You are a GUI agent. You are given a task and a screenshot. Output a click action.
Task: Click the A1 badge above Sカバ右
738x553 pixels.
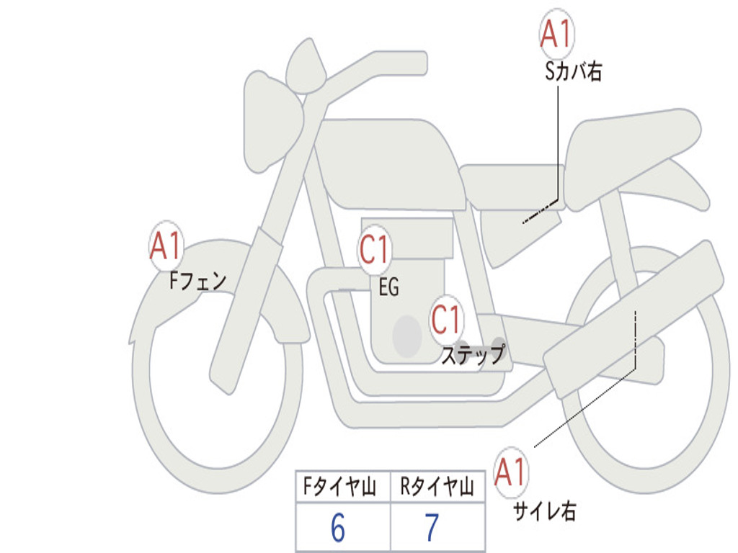(x=556, y=34)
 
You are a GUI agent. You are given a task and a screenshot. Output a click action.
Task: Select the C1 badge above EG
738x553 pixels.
(x=375, y=251)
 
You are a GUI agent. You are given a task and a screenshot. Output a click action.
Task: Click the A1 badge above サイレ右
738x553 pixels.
(x=511, y=473)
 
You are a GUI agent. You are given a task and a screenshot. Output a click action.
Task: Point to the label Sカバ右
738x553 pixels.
(x=573, y=73)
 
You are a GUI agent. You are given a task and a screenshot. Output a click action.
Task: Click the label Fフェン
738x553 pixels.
(x=197, y=279)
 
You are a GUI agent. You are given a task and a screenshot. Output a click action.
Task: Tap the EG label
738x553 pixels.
(x=388, y=288)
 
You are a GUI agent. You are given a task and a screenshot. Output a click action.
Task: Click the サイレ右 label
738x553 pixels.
(x=544, y=511)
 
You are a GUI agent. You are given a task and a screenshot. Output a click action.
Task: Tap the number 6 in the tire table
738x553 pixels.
(x=338, y=528)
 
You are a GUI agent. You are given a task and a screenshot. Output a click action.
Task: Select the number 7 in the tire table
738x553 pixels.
(x=432, y=528)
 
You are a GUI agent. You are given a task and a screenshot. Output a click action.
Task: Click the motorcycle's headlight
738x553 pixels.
(x=271, y=120)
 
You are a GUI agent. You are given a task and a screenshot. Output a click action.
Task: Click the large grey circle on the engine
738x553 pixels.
(x=407, y=335)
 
